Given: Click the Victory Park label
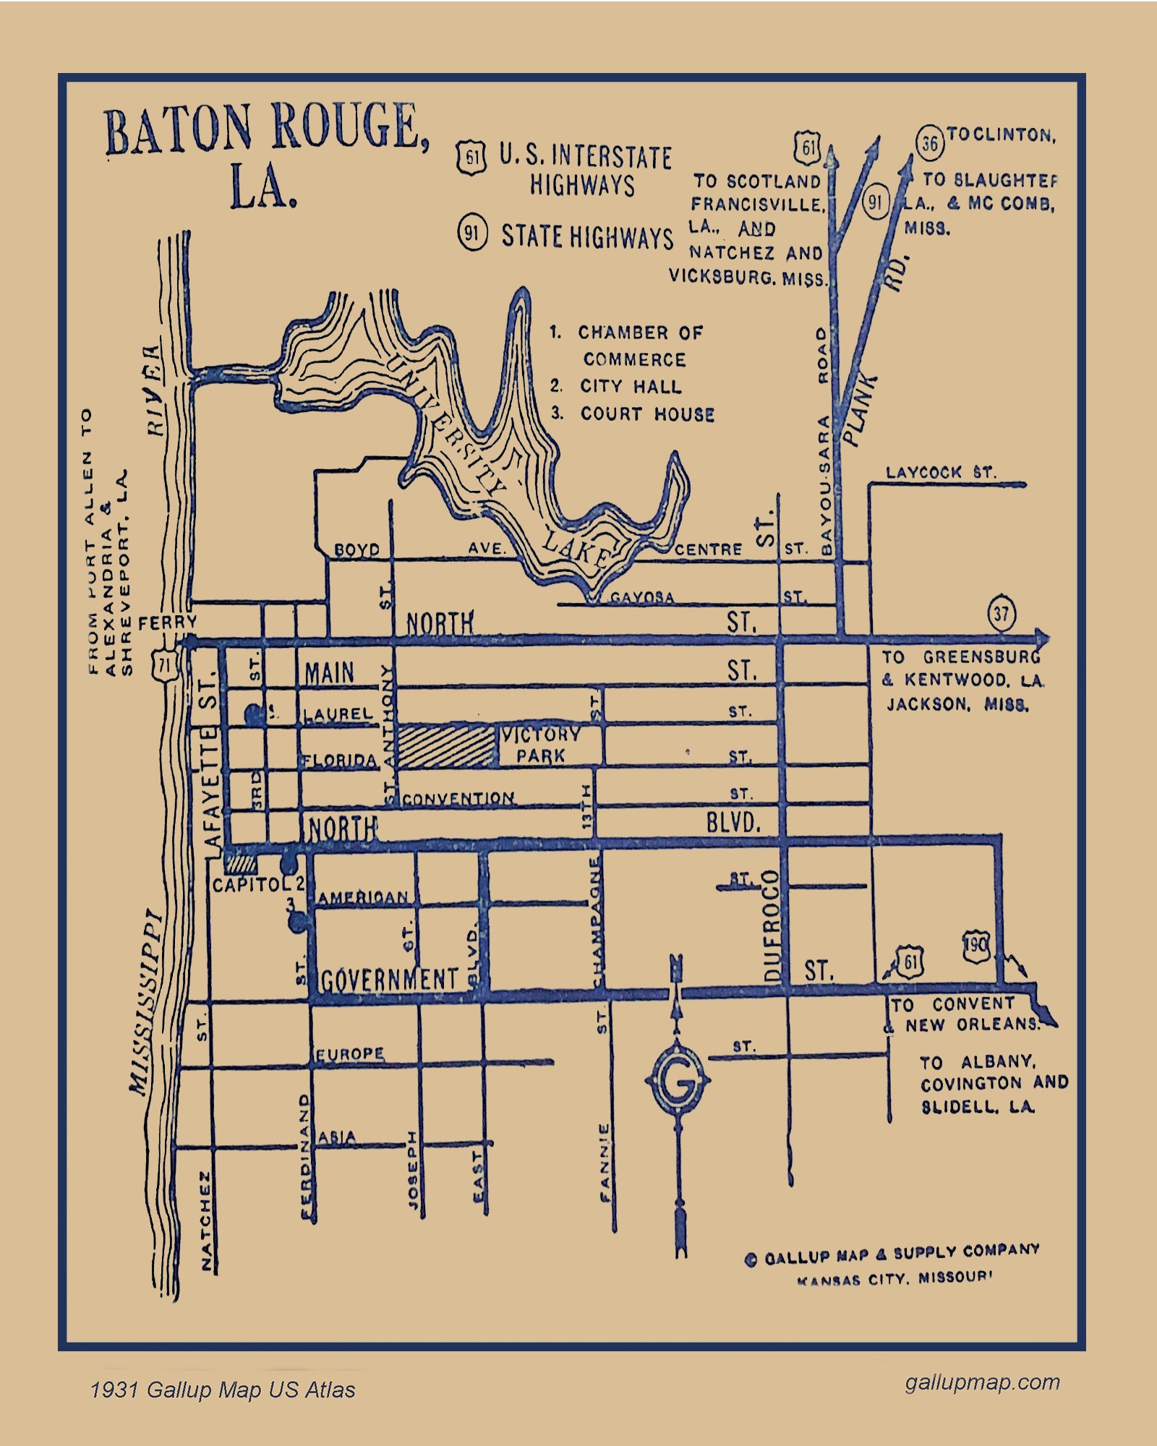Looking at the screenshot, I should click(x=541, y=745).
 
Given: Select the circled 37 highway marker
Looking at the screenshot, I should click(x=1002, y=615).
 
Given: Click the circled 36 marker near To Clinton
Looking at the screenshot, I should click(x=930, y=143).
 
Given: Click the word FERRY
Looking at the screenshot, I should click(x=167, y=622).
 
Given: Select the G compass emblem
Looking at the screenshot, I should click(x=678, y=1083).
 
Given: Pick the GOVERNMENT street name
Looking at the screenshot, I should click(x=390, y=980).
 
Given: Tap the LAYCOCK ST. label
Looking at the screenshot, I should click(x=941, y=473).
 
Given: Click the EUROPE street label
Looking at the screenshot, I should click(x=350, y=1054).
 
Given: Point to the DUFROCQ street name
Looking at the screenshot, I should click(x=773, y=925).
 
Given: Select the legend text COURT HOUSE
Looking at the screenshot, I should click(x=647, y=414).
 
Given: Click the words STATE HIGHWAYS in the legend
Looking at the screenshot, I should click(x=586, y=236).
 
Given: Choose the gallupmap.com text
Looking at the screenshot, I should click(x=982, y=1382).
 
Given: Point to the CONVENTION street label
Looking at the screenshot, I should click(x=458, y=799).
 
